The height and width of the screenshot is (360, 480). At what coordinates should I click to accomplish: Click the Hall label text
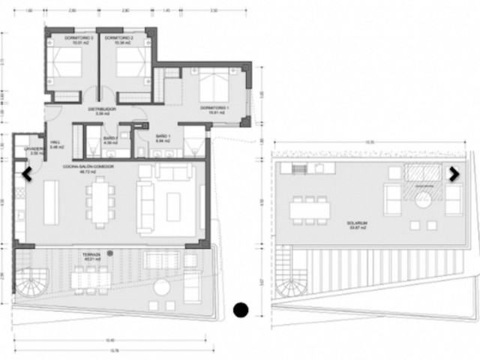(x=55, y=145)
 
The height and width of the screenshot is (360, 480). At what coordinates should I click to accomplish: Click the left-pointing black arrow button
(x=27, y=174)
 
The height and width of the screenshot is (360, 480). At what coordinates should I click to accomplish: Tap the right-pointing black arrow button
(x=453, y=173)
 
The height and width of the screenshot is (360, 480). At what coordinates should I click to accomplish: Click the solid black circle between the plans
(x=241, y=308)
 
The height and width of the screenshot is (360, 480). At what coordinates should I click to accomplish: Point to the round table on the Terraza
(x=161, y=288)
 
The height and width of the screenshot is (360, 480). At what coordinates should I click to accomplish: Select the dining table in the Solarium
(x=310, y=211)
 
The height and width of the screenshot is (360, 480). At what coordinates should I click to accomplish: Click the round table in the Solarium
(x=423, y=199)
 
